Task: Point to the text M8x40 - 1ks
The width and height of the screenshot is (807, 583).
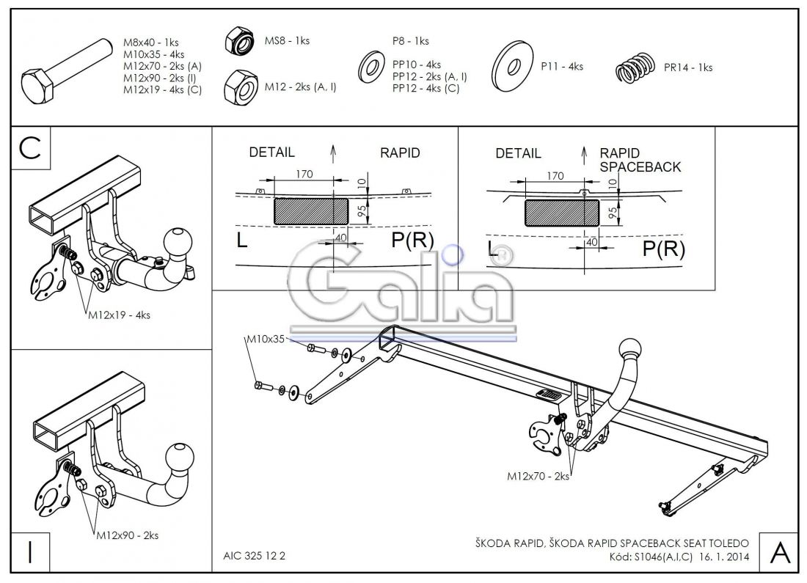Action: [x=150, y=43]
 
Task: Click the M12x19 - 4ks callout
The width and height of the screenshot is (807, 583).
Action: [x=119, y=315]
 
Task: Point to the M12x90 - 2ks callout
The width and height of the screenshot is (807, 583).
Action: [x=127, y=536]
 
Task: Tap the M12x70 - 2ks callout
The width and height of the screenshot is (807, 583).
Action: [x=538, y=476]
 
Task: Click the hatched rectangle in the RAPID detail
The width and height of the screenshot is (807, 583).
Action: [x=311, y=210]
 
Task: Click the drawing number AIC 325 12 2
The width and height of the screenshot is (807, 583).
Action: [x=253, y=555]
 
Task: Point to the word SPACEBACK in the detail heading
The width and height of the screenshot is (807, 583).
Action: [x=640, y=166]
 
